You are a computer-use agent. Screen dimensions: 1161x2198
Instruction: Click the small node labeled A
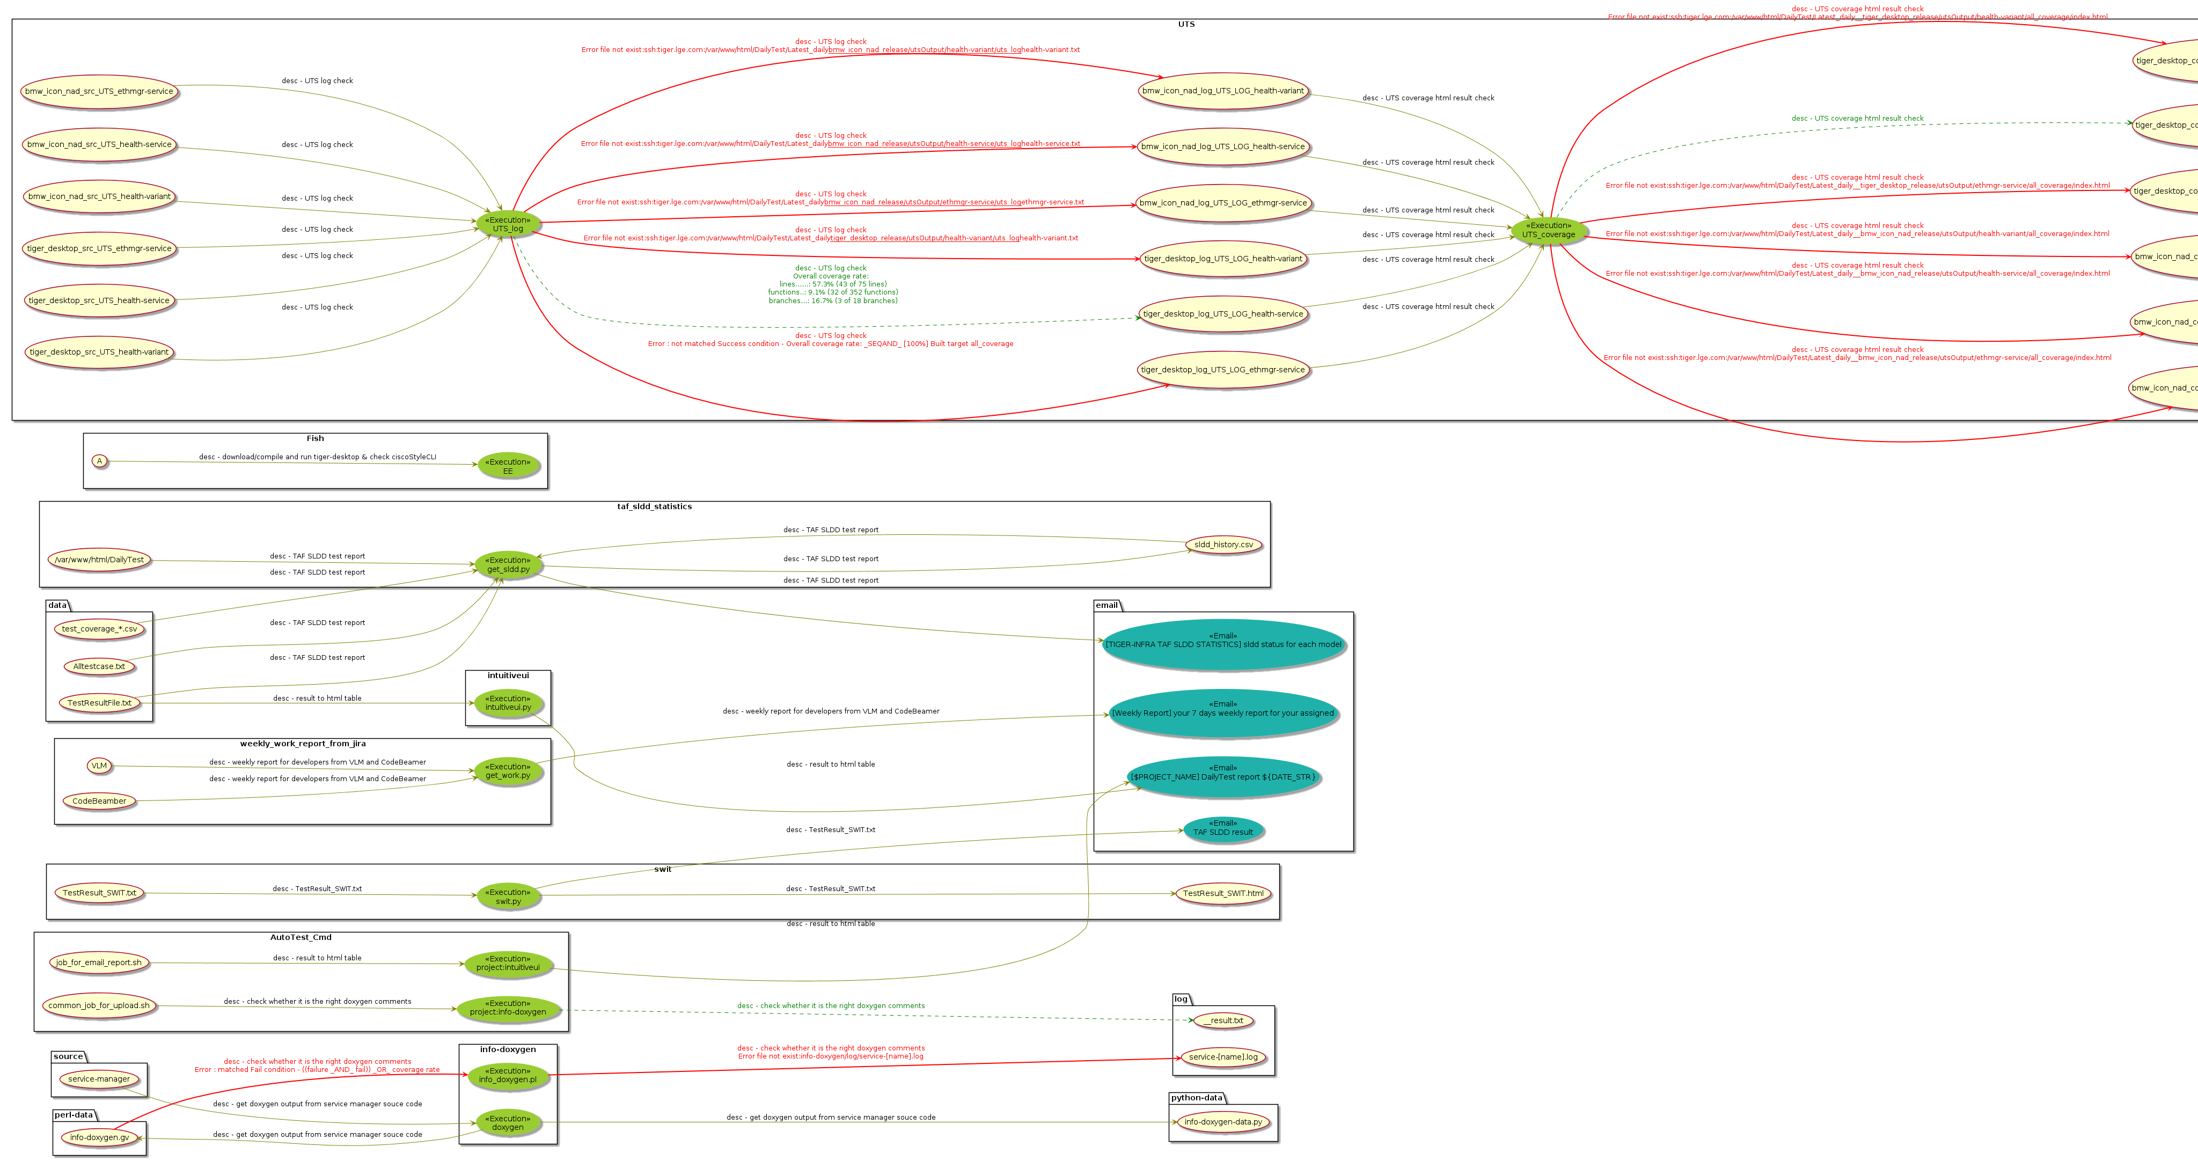coord(99,461)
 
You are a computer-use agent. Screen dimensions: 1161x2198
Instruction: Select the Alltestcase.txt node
coord(99,667)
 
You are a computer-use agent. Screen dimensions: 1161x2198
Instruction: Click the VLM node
coord(99,766)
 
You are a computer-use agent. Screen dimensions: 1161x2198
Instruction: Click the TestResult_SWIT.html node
coord(1223,894)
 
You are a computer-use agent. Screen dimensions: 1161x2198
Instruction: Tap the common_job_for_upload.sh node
coord(99,1006)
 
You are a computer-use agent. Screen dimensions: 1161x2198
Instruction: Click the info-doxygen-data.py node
coord(1223,1122)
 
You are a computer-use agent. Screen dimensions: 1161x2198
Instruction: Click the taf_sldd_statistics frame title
coord(655,506)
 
